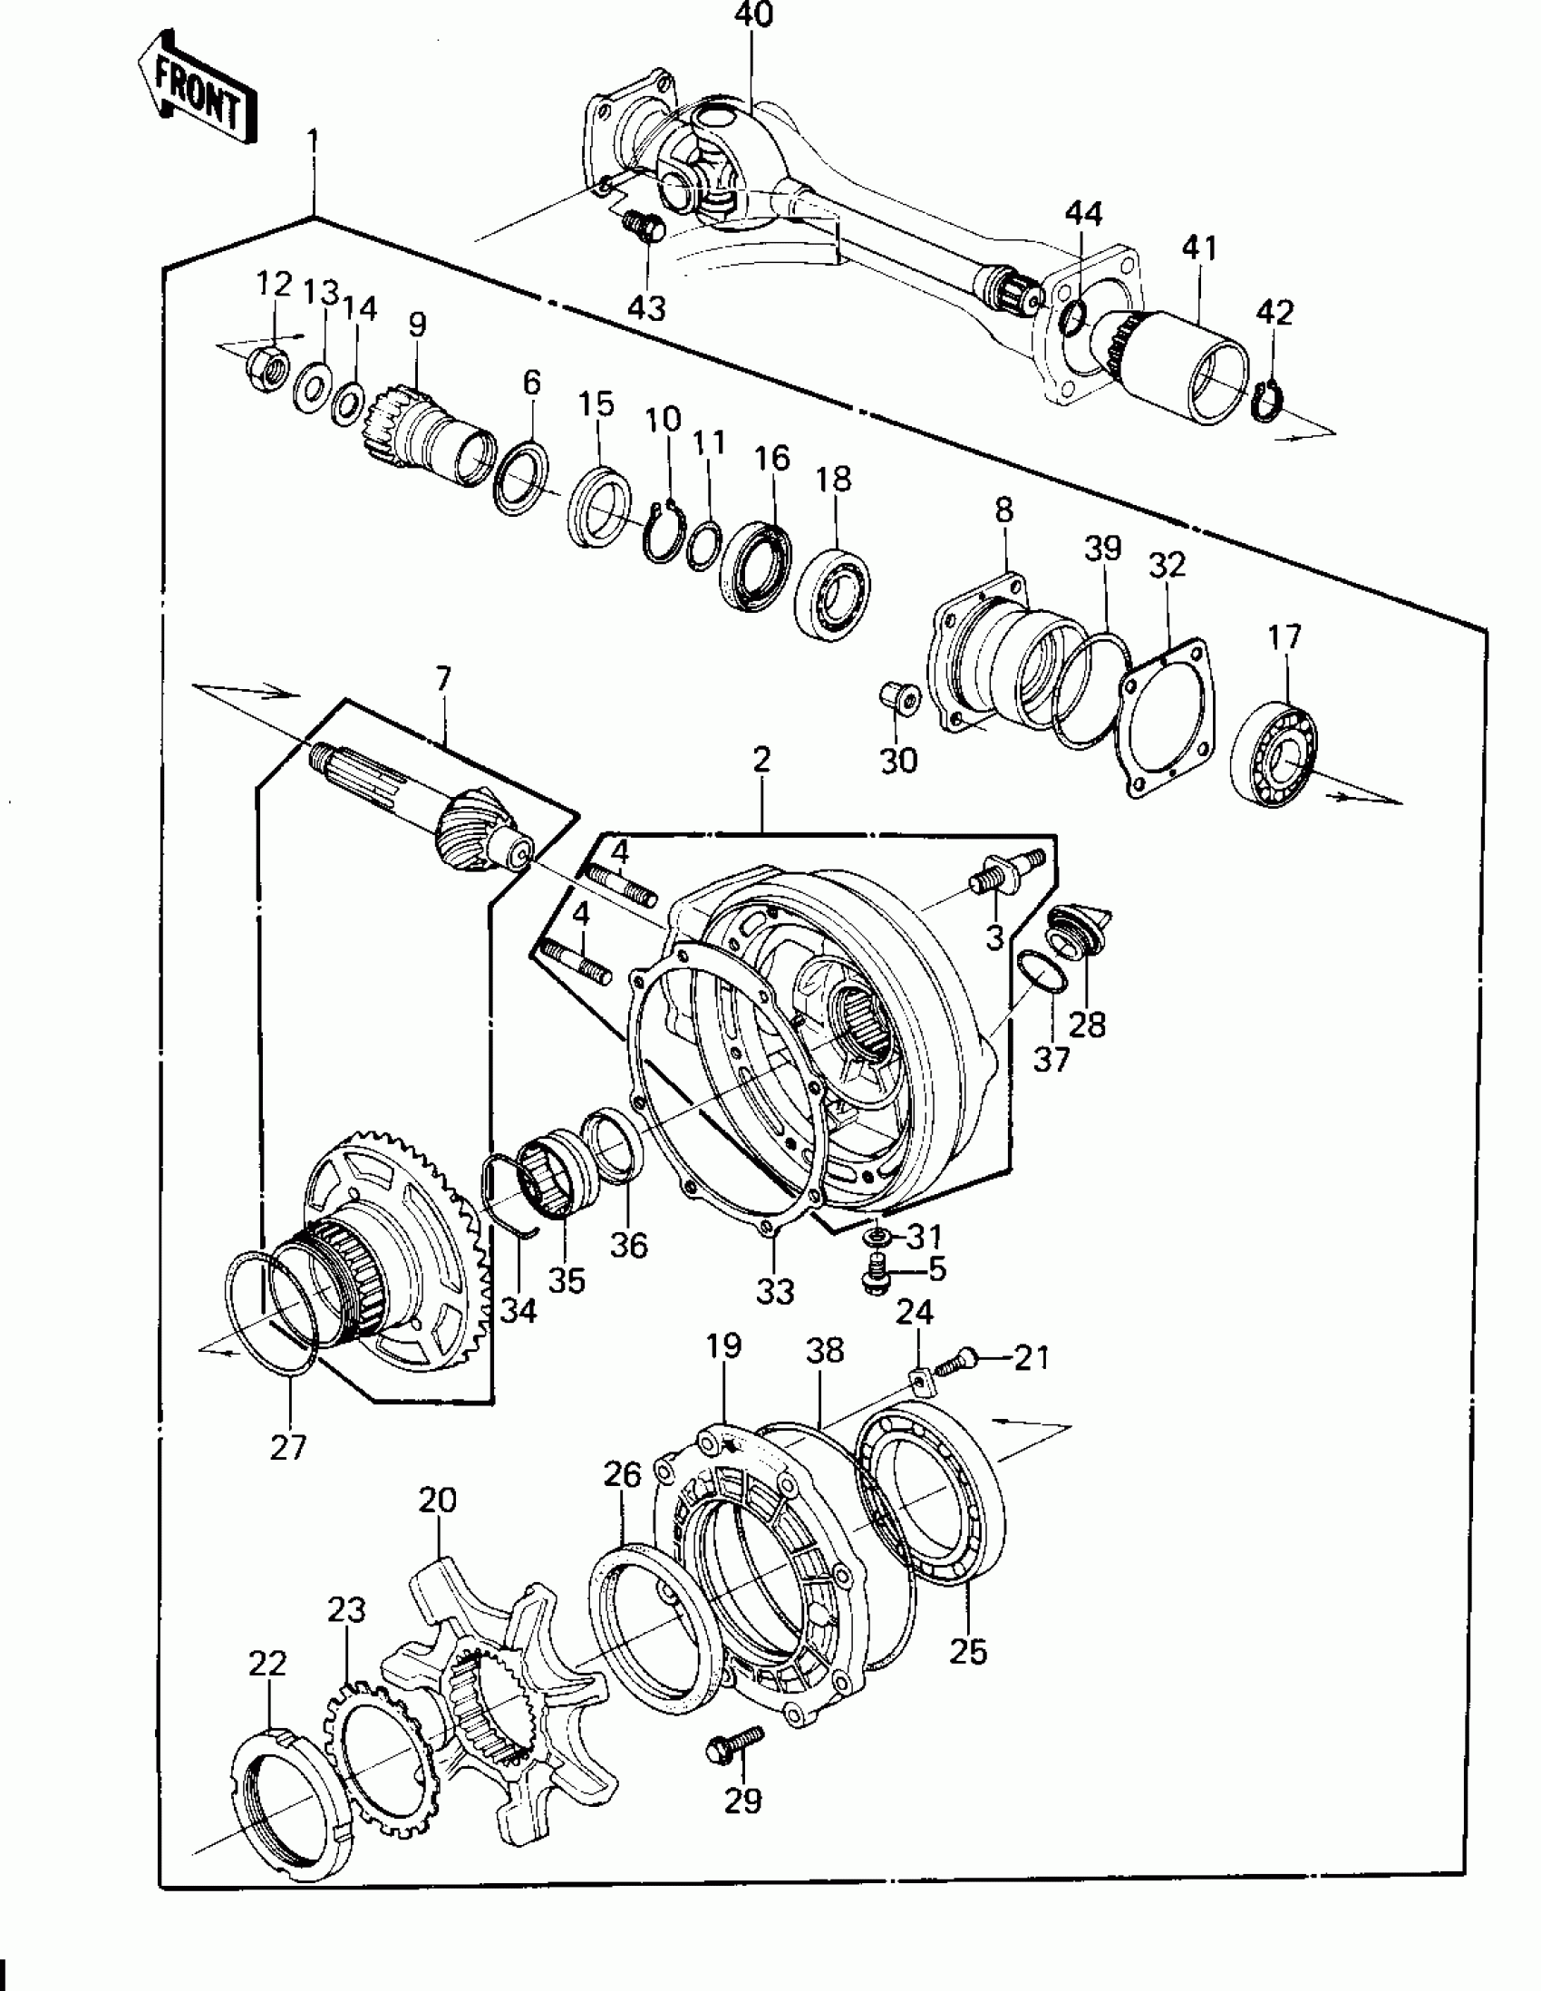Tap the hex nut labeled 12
point(268,365)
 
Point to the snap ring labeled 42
point(1267,400)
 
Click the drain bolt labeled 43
point(644,225)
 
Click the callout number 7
point(443,678)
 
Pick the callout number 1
point(314,143)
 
